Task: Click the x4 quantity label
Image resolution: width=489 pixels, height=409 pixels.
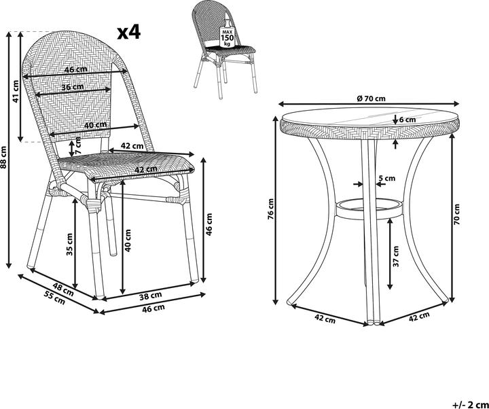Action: (x=129, y=33)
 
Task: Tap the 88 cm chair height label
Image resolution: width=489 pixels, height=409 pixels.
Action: (x=3, y=157)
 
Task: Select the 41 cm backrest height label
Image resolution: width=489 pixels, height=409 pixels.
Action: (x=16, y=91)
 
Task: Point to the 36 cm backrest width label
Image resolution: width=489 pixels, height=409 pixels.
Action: (x=73, y=87)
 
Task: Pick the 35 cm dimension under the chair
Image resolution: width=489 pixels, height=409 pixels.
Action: (x=69, y=245)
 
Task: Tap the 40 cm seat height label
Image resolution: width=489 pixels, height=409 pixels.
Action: (x=128, y=241)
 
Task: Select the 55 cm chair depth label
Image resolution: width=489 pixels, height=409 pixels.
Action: (x=55, y=298)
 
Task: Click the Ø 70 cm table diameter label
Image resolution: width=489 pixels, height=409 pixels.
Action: (x=371, y=99)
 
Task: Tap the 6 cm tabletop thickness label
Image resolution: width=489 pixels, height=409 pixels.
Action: (x=407, y=120)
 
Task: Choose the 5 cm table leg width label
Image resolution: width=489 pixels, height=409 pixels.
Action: (x=386, y=179)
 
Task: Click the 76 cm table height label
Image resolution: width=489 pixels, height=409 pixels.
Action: (x=271, y=209)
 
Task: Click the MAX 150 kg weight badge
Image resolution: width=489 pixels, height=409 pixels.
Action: (x=227, y=37)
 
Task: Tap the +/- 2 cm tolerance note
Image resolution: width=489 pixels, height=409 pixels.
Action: (x=471, y=405)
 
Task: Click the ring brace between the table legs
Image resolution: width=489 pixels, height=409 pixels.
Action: (x=369, y=209)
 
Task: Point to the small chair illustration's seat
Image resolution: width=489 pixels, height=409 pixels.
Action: (x=230, y=50)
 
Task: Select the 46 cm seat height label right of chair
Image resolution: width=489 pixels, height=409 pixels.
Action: (x=209, y=224)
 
